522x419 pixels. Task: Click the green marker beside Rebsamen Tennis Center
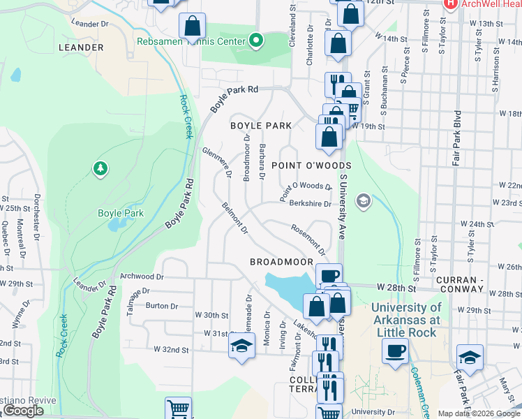(x=255, y=41)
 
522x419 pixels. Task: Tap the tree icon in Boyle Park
(x=100, y=168)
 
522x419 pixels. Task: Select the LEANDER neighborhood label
(x=81, y=47)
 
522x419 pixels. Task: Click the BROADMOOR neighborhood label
(x=282, y=261)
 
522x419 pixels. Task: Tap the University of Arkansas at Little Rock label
(x=406, y=319)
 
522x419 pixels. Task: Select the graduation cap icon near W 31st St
(x=241, y=346)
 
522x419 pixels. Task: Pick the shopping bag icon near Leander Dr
(x=192, y=27)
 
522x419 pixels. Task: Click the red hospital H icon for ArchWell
(x=450, y=3)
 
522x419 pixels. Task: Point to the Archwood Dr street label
(x=142, y=277)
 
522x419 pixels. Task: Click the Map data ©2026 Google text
(x=478, y=413)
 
